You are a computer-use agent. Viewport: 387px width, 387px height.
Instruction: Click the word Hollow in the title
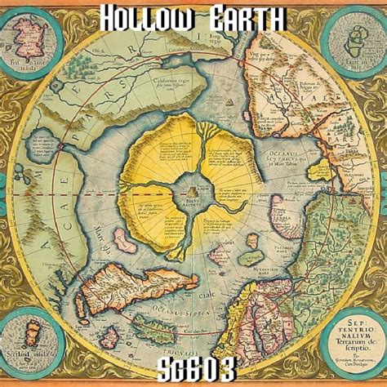coord(142,16)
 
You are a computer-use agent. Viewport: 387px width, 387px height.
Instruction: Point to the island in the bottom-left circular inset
coord(31,340)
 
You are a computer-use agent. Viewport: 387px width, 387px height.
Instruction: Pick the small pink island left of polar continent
coord(123,238)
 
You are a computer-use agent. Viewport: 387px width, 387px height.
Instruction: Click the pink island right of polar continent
coord(282,207)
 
